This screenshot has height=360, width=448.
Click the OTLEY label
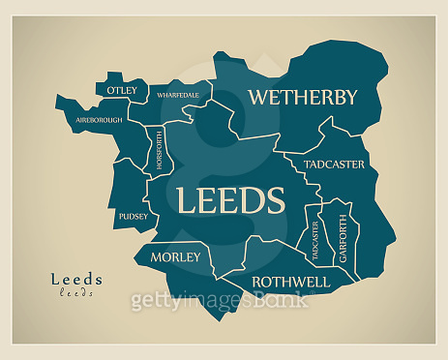point(123,90)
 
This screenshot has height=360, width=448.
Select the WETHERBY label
point(303,97)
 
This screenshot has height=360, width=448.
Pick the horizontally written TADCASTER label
point(335,165)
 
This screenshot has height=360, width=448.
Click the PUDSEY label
point(134,216)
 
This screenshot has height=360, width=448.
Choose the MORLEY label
point(176,256)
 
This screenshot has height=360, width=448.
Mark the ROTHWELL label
point(290,282)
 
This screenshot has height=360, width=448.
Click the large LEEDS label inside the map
point(230,200)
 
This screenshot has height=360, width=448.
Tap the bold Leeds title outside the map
point(76,280)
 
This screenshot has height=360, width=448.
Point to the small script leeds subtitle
point(76,292)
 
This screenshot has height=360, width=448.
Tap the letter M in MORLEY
point(155,256)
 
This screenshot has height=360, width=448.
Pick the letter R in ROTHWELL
point(257,282)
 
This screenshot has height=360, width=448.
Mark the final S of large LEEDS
point(275,200)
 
